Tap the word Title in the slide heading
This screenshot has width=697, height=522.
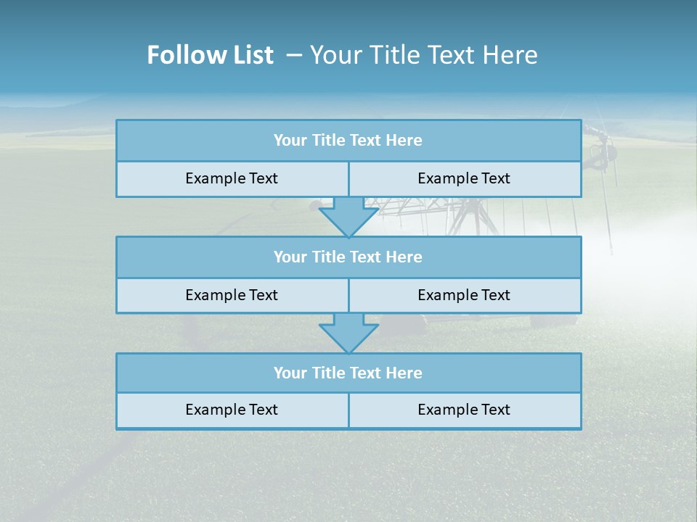click(x=394, y=55)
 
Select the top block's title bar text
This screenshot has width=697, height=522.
click(x=348, y=141)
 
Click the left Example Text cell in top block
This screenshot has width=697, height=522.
click(x=232, y=178)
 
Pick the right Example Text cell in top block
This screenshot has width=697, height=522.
click(x=464, y=178)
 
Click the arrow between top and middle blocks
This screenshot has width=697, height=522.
click(x=348, y=216)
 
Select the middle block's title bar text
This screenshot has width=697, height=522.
click(x=348, y=257)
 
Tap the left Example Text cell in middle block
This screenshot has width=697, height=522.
click(x=232, y=295)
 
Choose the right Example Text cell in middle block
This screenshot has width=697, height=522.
click(x=464, y=295)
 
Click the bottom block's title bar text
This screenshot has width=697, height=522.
click(x=348, y=373)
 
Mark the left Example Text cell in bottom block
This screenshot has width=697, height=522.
click(x=232, y=410)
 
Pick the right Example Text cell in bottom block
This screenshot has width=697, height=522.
click(x=464, y=410)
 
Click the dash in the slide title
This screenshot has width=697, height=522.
click(x=295, y=55)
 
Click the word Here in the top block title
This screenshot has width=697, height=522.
click(x=404, y=141)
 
